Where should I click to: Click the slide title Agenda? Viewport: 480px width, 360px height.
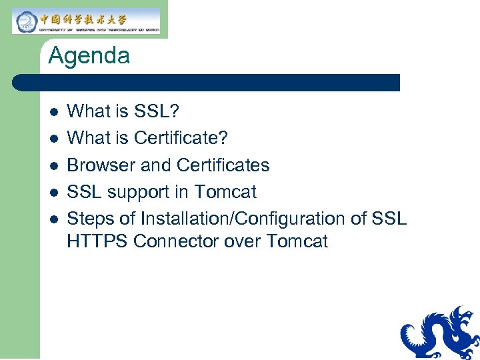point(89,56)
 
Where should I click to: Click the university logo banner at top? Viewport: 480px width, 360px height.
point(87,21)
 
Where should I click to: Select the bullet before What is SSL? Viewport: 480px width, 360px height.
point(53,111)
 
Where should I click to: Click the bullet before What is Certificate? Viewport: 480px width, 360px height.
point(53,138)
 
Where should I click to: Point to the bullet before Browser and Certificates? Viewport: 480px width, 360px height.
point(53,165)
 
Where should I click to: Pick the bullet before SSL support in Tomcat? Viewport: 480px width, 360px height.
point(53,192)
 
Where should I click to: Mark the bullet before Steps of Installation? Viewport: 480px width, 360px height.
point(53,219)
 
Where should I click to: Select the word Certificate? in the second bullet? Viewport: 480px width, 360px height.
point(181,138)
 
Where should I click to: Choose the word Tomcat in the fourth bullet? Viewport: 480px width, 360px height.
point(225,192)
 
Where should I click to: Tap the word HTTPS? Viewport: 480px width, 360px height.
point(97,241)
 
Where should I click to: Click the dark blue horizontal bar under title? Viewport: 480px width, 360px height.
point(207,83)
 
